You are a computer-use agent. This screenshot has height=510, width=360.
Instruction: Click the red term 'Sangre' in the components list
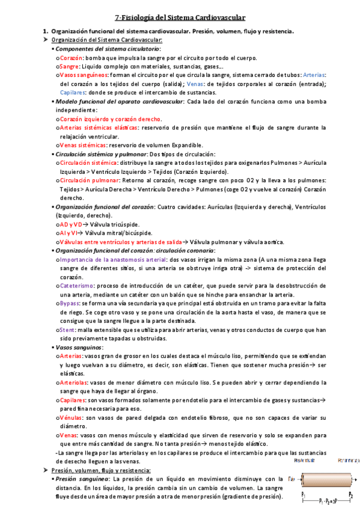tap(69, 66)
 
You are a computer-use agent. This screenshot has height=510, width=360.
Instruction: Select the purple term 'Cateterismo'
tap(76, 286)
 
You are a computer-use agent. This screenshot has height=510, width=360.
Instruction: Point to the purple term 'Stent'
tap(67, 330)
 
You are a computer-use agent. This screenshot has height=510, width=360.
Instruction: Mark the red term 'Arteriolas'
tap(74, 382)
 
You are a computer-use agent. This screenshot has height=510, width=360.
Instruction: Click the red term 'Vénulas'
tap(71, 417)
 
